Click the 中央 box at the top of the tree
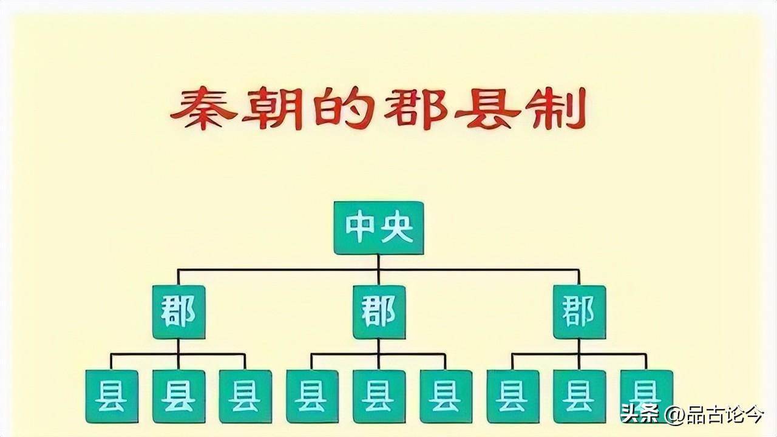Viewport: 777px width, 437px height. tap(378, 228)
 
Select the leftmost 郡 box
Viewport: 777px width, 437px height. tap(178, 312)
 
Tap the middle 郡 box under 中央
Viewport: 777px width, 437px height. tap(378, 312)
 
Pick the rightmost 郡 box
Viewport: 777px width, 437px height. tap(579, 312)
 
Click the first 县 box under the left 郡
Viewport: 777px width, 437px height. tap(111, 396)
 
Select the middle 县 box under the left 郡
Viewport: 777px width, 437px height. tap(178, 396)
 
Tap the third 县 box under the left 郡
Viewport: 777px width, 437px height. tap(245, 396)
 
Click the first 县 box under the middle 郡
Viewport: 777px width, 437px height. tap(311, 396)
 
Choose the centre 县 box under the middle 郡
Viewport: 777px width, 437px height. tap(378, 396)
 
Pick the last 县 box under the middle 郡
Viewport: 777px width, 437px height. tap(446, 396)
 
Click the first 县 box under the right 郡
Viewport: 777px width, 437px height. tap(512, 396)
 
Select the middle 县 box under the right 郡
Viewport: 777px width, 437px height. tap(579, 396)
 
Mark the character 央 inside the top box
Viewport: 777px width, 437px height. tap(398, 228)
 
